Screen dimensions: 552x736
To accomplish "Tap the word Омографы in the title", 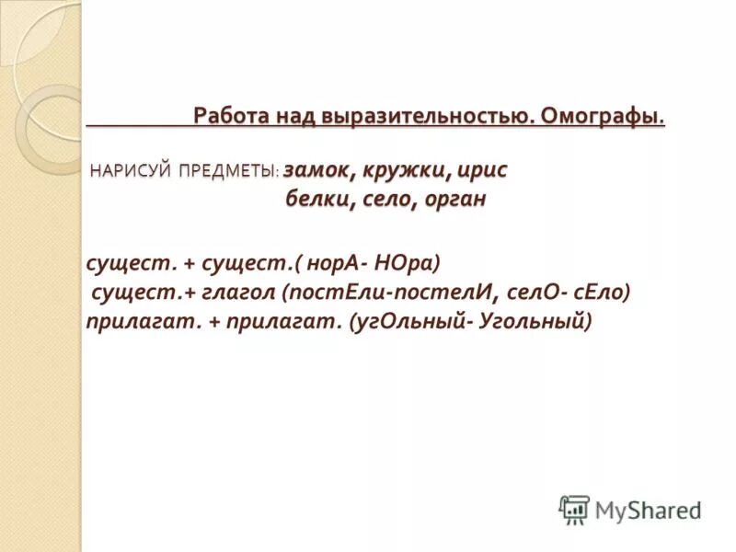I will click(602, 117).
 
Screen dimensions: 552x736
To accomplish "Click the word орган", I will click(455, 200).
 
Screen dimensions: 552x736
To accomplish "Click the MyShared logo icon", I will click(574, 509).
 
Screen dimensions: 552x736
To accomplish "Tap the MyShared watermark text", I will click(649, 510).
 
